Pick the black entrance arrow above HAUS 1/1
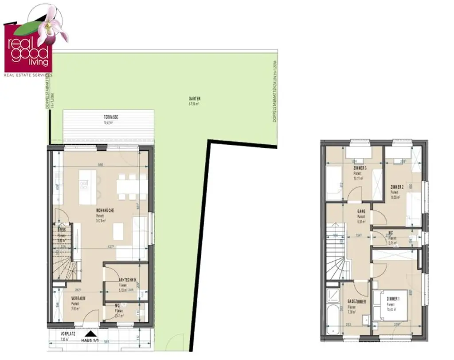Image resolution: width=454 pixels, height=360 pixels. [90, 334]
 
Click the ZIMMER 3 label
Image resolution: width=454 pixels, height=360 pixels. [360, 168]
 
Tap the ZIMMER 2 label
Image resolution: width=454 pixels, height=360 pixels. [397, 187]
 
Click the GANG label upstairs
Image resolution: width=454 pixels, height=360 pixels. [361, 213]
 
